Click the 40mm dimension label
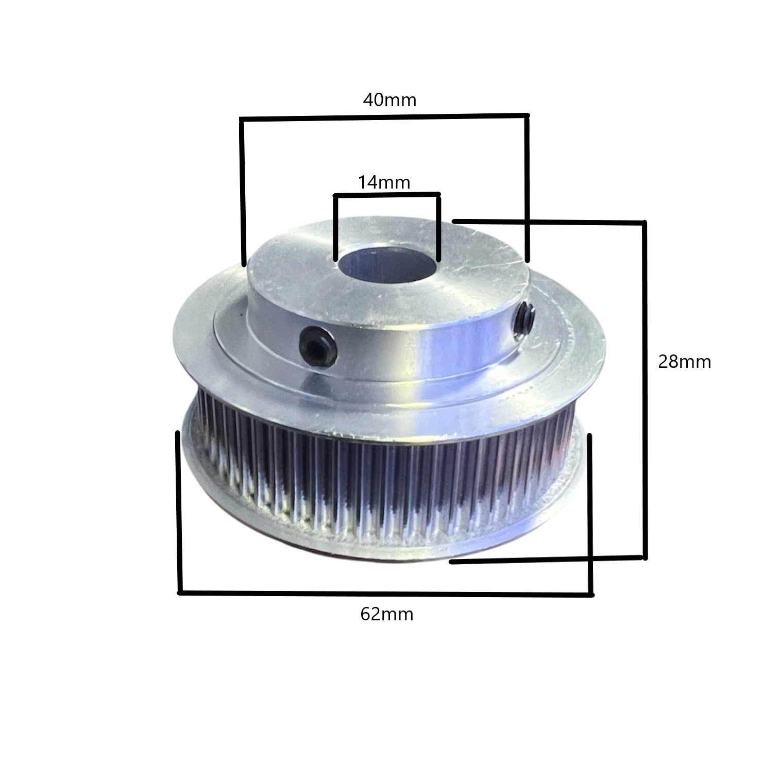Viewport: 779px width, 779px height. (389, 99)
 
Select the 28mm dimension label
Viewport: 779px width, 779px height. (685, 362)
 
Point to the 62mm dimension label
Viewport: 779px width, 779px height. (387, 614)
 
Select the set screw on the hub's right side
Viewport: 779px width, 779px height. (525, 319)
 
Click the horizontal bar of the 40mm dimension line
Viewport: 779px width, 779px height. (384, 117)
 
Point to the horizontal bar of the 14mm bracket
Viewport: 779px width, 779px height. (386, 195)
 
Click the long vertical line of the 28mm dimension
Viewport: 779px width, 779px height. (644, 389)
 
